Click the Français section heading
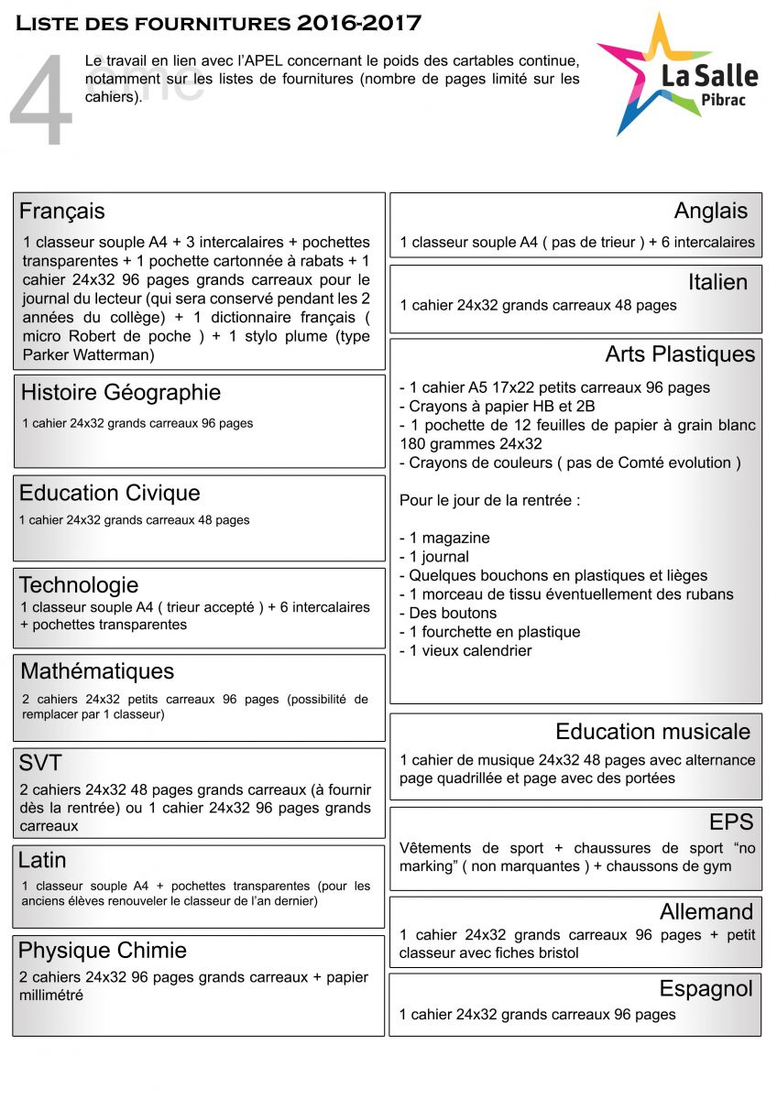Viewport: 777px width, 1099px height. pyautogui.click(x=62, y=212)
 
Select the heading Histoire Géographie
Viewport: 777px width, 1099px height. pyautogui.click(x=121, y=393)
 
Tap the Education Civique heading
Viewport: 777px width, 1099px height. pyautogui.click(x=110, y=494)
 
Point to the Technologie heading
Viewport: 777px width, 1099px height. pyautogui.click(x=79, y=585)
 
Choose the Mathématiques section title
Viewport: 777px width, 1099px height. pyautogui.click(x=97, y=671)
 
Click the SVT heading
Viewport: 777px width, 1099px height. pyautogui.click(x=40, y=763)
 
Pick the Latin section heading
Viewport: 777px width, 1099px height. pyautogui.click(x=42, y=860)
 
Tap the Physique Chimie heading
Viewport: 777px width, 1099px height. pyautogui.click(x=103, y=951)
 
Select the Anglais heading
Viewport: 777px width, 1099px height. pyautogui.click(x=711, y=212)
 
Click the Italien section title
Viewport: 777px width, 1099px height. pyautogui.click(x=717, y=282)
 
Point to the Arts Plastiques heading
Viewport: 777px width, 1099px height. pyautogui.click(x=680, y=354)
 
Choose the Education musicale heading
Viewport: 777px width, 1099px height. pyautogui.click(x=652, y=732)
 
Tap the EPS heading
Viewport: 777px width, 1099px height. pyautogui.click(x=731, y=822)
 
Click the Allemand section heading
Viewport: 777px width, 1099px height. pyautogui.click(x=706, y=912)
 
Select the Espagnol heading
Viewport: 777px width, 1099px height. pyautogui.click(x=706, y=989)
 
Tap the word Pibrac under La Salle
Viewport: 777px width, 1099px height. pyautogui.click(x=721, y=99)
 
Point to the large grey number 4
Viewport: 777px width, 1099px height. pyautogui.click(x=41, y=101)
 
